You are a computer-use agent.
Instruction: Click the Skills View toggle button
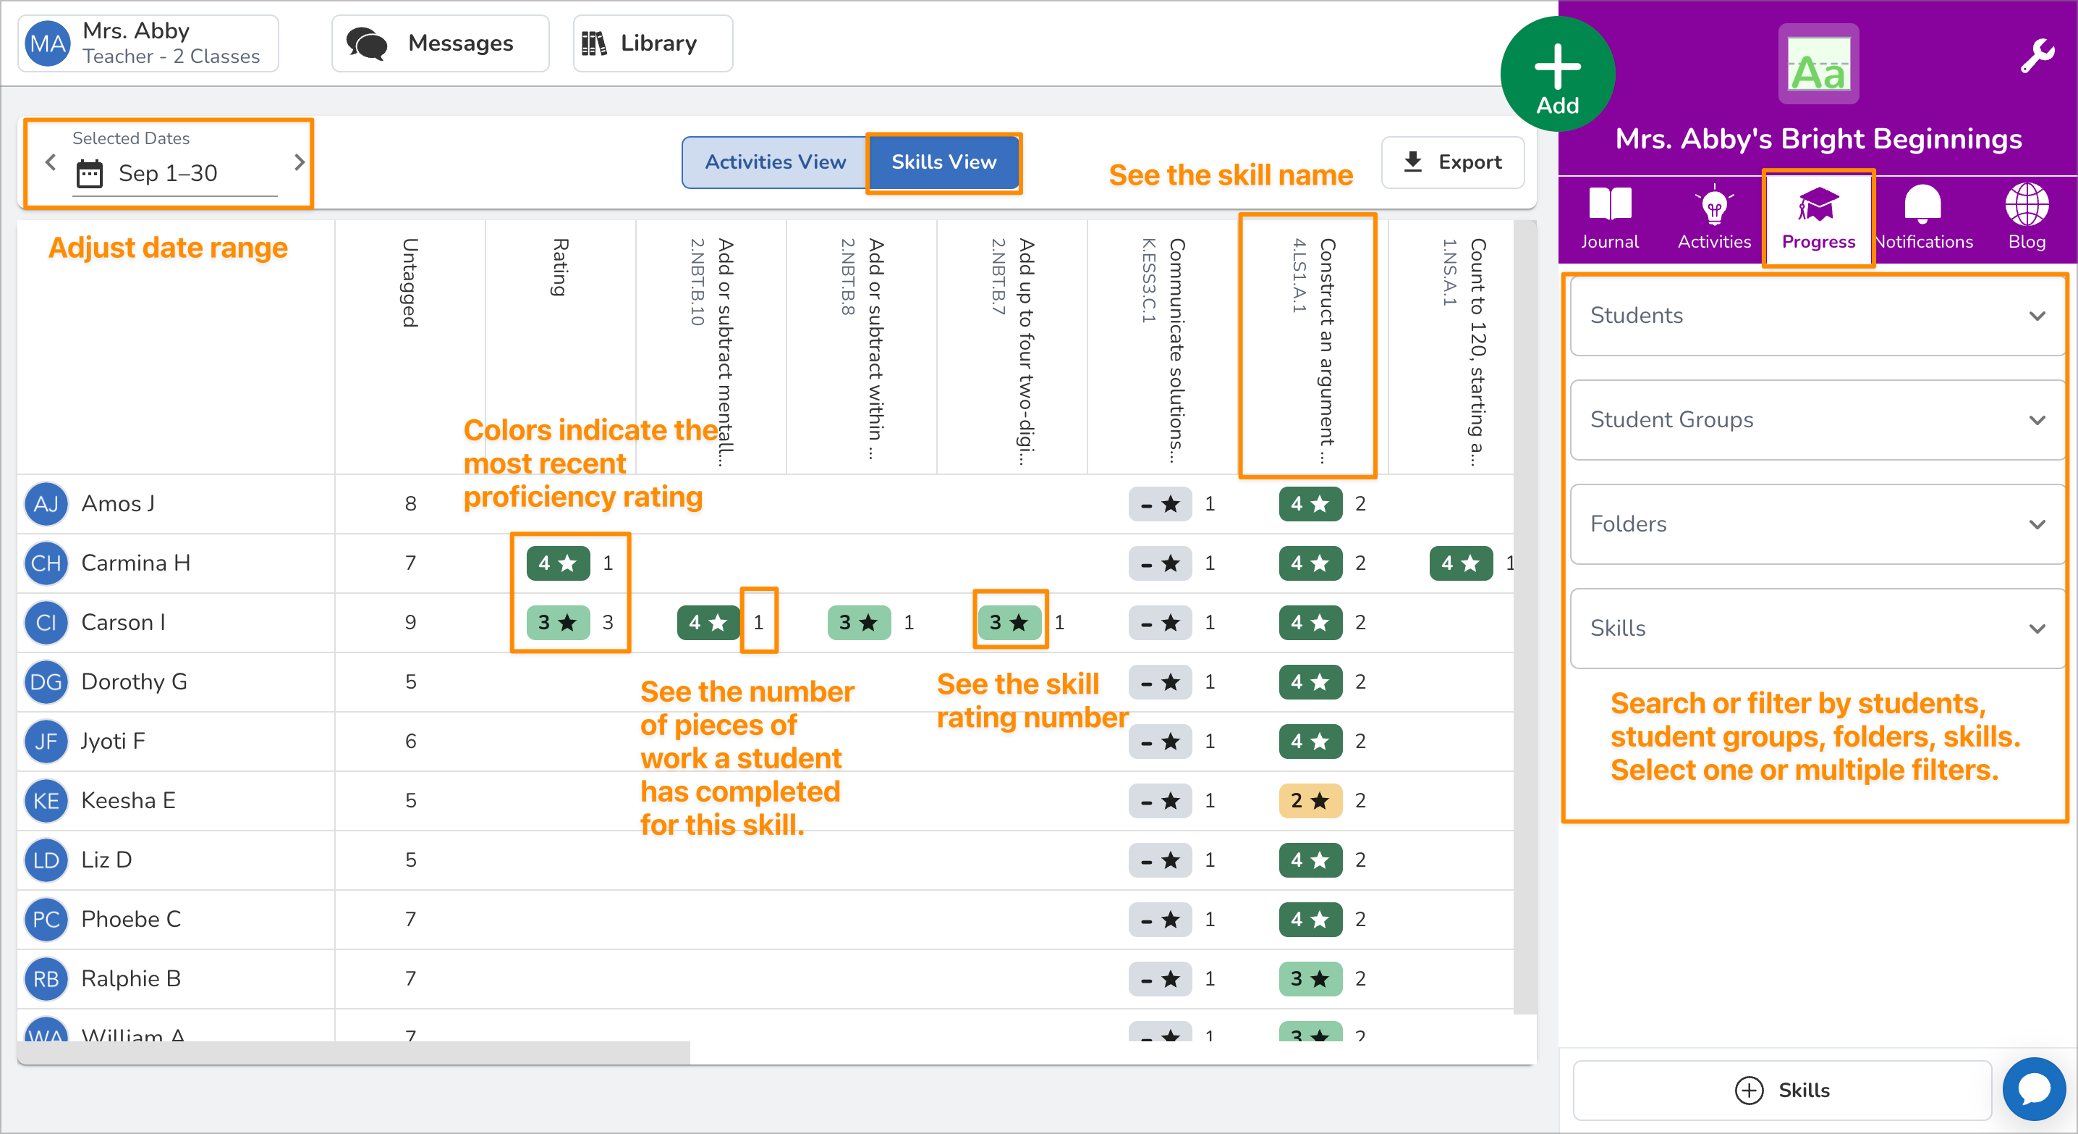943,162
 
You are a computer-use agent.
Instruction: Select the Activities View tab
774,162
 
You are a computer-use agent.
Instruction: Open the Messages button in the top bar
441,43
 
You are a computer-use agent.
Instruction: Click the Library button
653,43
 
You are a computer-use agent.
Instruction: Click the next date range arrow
300,162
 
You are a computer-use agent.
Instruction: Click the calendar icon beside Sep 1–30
90,174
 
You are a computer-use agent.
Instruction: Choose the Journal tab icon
1609,217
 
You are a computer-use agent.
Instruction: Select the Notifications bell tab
1923,217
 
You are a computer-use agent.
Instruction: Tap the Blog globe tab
2026,217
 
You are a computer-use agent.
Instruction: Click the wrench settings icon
2037,56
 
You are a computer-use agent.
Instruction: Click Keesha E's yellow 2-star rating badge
1309,801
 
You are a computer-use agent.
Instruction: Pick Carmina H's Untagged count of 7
410,563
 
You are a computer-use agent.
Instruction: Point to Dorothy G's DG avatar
46,682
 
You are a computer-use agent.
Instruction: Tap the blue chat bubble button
2034,1089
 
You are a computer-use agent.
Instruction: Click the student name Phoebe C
131,920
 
